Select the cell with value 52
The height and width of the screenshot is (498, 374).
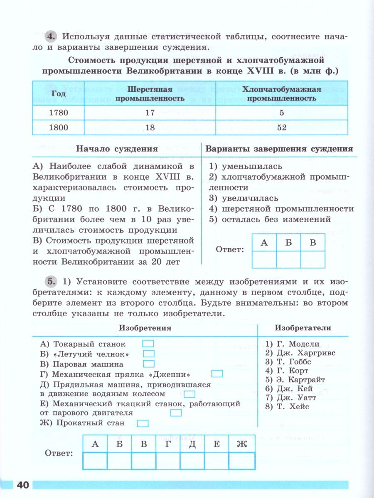(281, 127)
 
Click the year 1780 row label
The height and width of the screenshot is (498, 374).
(58, 112)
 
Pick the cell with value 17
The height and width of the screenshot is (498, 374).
(150, 112)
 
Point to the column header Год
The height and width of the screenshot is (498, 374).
(58, 93)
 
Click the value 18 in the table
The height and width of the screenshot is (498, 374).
(150, 127)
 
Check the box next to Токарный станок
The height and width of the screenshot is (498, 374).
(148, 344)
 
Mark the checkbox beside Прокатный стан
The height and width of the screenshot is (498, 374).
(143, 423)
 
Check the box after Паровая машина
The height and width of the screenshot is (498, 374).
(148, 364)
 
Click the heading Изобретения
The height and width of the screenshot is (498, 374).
(145, 328)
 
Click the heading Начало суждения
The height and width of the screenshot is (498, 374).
(117, 149)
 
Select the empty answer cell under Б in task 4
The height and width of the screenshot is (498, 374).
(288, 259)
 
